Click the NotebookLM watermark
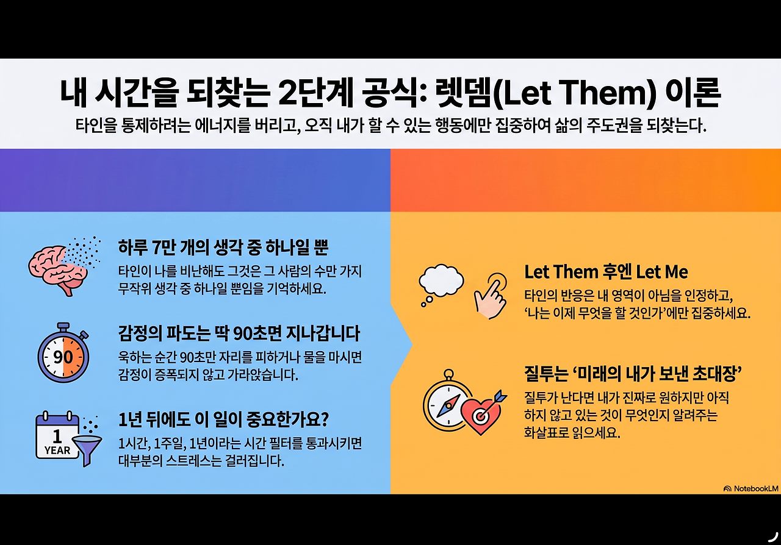coord(750,488)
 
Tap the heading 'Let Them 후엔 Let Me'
coord(606,272)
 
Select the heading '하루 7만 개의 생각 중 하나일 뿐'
coord(223,248)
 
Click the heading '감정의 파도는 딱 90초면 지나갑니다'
coord(239,333)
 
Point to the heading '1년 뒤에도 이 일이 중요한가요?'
coord(223,419)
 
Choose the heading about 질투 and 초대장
coord(633,374)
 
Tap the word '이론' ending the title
coord(693,93)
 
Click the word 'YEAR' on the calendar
coord(57,451)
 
